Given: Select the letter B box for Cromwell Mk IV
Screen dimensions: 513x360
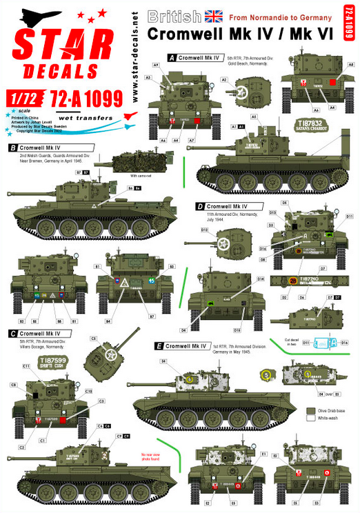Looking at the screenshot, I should pyautogui.click(x=13, y=148).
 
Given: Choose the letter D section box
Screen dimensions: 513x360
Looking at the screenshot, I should pyautogui.click(x=200, y=206).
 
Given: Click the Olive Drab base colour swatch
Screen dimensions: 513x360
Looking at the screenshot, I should pyautogui.click(x=310, y=410).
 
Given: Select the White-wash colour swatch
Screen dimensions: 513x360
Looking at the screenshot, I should pyautogui.click(x=310, y=419).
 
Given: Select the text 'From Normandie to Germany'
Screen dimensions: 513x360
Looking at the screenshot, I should pyautogui.click(x=271, y=14).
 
